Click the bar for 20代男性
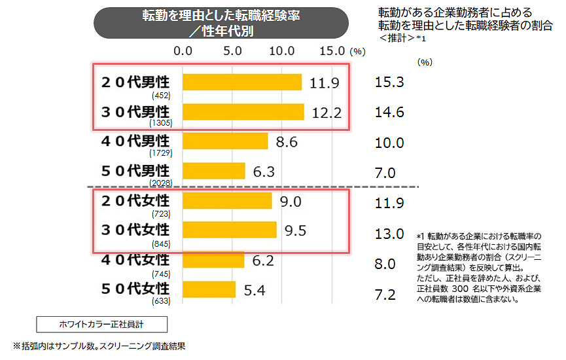pos(241,82)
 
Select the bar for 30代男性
pos(243,112)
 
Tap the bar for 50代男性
pos(213,171)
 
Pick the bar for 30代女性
pos(229,229)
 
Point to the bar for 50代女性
pos(209,289)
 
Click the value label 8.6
pos(287,141)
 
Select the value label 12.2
pos(327,113)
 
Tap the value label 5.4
pos(255,289)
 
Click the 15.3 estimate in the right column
pos(389,82)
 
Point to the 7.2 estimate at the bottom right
pos(385,295)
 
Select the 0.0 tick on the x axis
pos(183,50)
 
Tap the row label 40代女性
pos(134,259)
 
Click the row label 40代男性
pos(134,141)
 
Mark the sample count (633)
pos(160,300)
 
